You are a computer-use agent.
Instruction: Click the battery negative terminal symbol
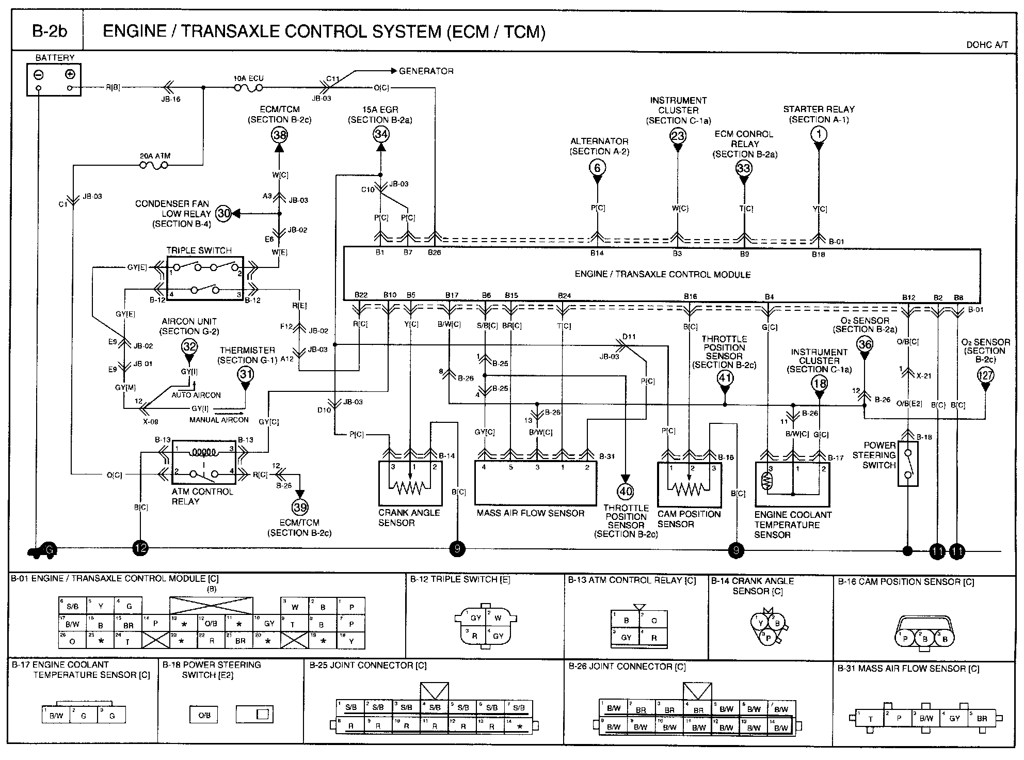click(39, 74)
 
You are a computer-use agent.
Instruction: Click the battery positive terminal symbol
click(70, 74)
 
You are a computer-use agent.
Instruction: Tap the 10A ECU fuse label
click(249, 78)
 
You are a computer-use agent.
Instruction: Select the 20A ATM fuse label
click(155, 156)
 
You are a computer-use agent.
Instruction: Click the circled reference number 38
click(279, 135)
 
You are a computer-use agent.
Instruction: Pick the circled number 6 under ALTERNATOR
click(597, 167)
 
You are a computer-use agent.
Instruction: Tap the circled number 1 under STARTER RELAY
click(819, 135)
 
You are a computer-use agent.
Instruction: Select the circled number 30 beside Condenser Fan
click(223, 213)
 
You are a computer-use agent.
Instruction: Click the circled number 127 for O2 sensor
click(985, 375)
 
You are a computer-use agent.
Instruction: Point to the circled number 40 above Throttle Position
click(626, 491)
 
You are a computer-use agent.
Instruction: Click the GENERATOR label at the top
click(426, 71)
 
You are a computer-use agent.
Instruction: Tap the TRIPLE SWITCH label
click(199, 250)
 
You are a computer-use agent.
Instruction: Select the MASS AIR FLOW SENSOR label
click(530, 514)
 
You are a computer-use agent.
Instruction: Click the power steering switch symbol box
click(908, 463)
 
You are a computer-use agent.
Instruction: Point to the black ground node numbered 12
click(140, 548)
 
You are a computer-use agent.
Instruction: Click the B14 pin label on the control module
click(597, 254)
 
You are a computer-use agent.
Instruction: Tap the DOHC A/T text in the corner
click(987, 45)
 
